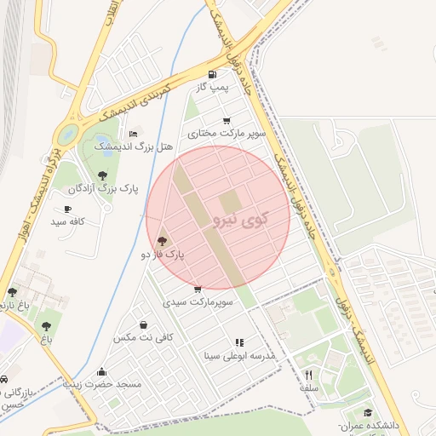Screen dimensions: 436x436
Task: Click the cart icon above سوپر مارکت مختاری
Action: [227, 121]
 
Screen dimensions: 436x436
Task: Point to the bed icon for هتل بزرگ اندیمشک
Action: [132, 134]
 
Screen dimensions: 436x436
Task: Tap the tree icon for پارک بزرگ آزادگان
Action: [103, 175]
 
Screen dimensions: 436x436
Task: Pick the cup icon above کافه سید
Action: [67, 209]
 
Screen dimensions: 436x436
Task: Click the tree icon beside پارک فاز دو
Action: [163, 242]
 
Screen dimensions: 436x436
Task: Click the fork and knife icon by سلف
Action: [308, 375]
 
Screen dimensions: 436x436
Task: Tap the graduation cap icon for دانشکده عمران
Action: [367, 412]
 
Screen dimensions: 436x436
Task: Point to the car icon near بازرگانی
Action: [4, 379]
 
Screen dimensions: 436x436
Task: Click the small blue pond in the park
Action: [103, 141]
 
